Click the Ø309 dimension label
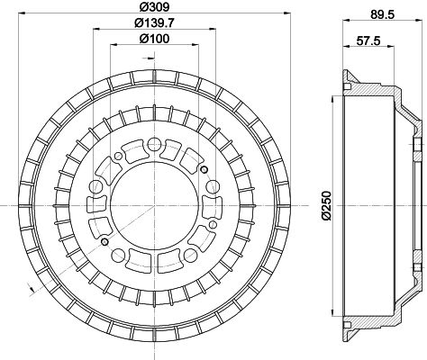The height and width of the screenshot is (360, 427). click(x=155, y=6)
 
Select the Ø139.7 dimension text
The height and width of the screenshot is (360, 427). click(x=154, y=22)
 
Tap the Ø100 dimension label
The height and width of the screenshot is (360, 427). click(x=154, y=39)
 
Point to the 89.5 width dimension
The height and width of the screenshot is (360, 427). click(x=382, y=14)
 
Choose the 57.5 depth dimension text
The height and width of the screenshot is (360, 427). click(x=368, y=40)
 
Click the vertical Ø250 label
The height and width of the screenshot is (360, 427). click(x=325, y=206)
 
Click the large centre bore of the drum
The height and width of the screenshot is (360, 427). click(x=154, y=205)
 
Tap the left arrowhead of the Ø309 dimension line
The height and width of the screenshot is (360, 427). click(x=22, y=13)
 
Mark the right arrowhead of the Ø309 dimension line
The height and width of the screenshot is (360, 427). click(x=287, y=13)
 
